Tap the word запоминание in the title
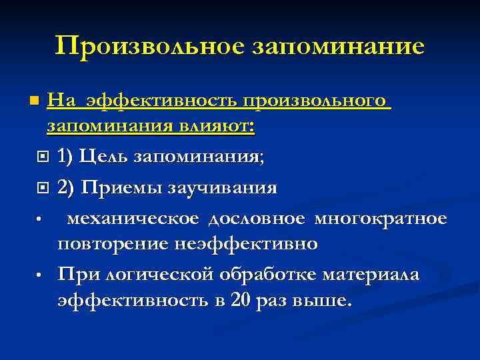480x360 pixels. (338, 47)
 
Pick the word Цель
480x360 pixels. (104, 157)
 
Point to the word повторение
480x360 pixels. (113, 243)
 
